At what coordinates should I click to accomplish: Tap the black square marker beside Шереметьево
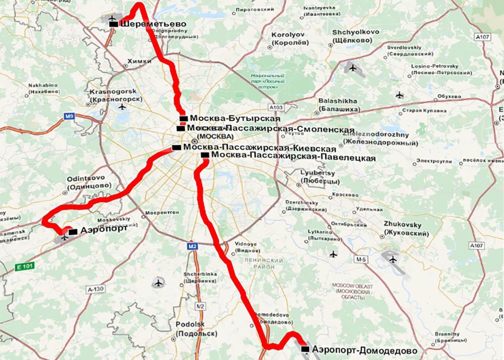click(113, 24)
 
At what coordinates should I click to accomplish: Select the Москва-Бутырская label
click(229, 118)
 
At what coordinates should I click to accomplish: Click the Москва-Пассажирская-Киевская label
click(260, 148)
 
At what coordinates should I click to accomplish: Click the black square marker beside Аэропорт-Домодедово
click(305, 349)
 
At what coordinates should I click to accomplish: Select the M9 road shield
click(69, 116)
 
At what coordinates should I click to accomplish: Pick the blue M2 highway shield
click(192, 246)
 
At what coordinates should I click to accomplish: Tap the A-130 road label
click(95, 289)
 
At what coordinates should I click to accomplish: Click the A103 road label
click(276, 108)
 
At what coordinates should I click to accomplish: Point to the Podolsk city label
click(196, 329)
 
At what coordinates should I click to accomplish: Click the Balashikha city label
click(338, 105)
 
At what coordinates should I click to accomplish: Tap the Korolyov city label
click(290, 38)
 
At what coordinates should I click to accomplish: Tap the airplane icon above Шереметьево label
click(112, 18)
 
